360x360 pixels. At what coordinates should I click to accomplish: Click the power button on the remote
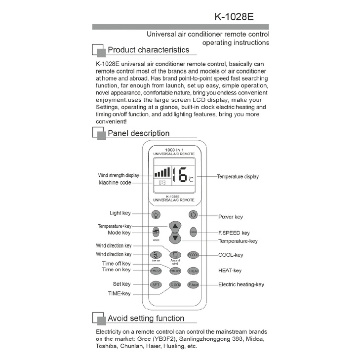click(x=193, y=215)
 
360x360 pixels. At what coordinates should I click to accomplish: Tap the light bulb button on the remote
click(x=156, y=215)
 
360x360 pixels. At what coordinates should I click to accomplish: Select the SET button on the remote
click(x=156, y=284)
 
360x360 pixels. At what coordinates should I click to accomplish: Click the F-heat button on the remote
click(x=193, y=284)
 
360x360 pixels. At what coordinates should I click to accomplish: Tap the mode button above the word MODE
click(x=156, y=232)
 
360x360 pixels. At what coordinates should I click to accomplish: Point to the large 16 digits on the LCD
click(x=179, y=174)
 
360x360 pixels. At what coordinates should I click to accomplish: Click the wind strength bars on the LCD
click(x=161, y=172)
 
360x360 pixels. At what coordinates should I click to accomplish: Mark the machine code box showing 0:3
click(x=161, y=183)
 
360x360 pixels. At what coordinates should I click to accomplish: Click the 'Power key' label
click(x=231, y=216)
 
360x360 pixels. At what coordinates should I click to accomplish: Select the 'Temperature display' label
click(x=238, y=176)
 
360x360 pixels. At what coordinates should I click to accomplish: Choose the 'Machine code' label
click(x=115, y=183)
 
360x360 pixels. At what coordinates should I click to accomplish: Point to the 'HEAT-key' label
click(x=230, y=271)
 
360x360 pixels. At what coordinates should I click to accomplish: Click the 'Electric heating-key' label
click(x=241, y=284)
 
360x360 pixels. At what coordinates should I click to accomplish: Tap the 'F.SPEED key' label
click(x=234, y=233)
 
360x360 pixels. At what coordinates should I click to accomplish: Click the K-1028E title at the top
click(x=234, y=16)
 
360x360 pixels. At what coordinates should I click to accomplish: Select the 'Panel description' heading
click(x=138, y=133)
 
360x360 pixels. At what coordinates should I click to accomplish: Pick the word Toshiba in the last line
click(x=108, y=346)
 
